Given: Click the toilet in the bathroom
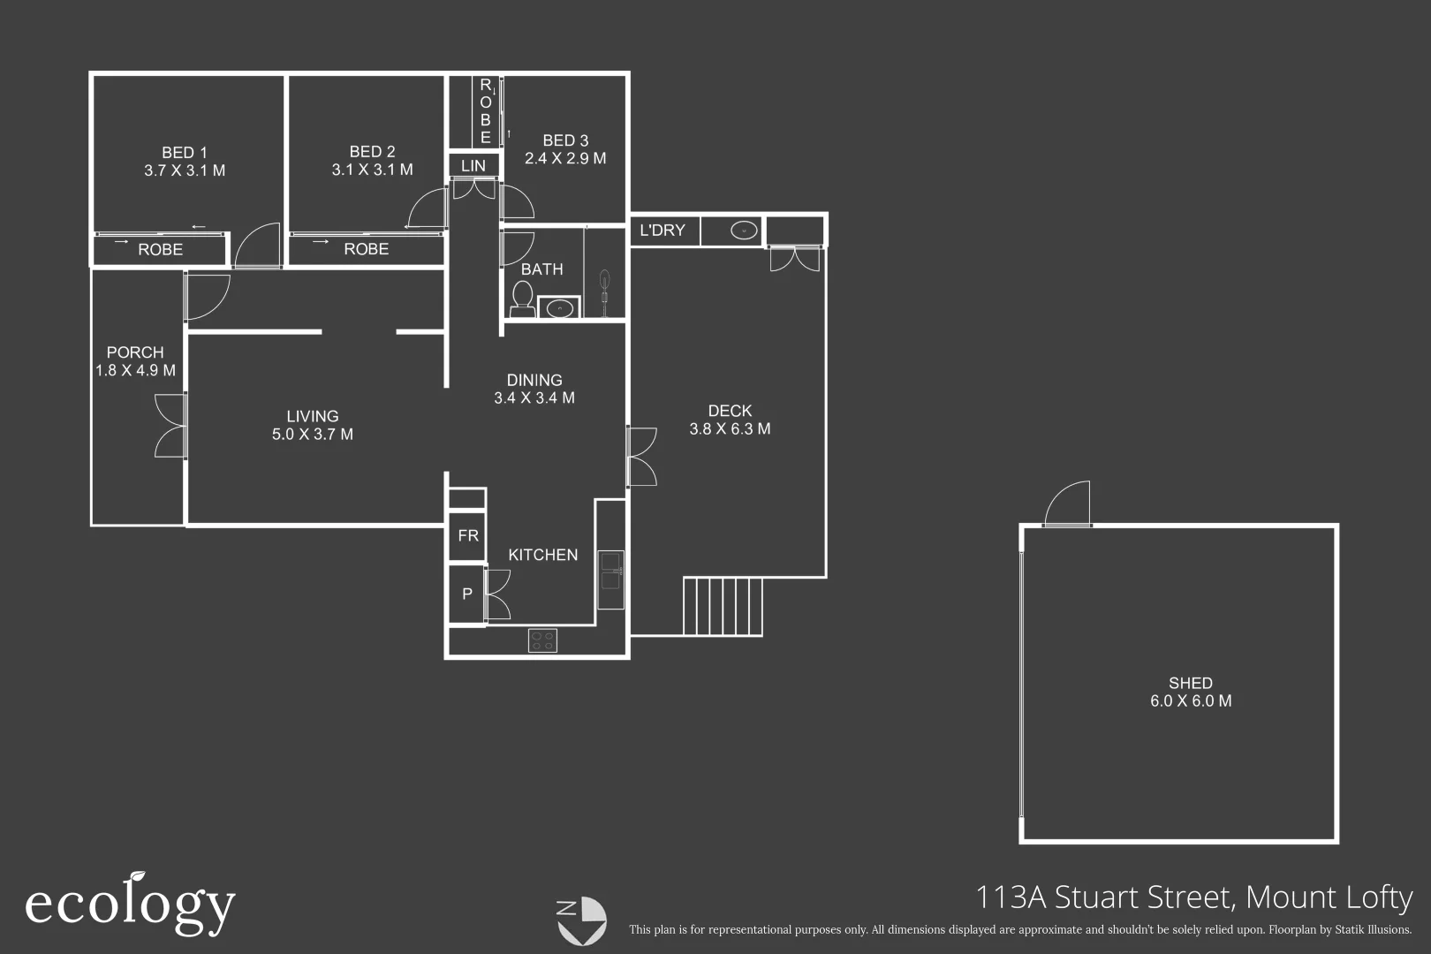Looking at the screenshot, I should [522, 298].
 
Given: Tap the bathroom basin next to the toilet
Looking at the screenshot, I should [558, 308].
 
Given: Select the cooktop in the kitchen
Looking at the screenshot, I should [542, 640].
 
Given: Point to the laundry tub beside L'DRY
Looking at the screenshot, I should [744, 231].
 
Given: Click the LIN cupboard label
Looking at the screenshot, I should [473, 166].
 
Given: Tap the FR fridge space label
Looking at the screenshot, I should [467, 535].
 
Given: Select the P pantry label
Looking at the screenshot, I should [467, 594].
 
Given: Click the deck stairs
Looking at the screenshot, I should [723, 606].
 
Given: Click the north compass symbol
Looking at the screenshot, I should [581, 920].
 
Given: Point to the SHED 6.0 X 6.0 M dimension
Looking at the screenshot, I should [1190, 701].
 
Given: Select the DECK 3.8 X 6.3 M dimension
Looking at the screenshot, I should [730, 429].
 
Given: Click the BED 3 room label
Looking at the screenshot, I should [565, 140].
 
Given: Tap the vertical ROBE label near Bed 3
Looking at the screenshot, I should [485, 111].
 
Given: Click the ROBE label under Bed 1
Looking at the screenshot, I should [161, 250].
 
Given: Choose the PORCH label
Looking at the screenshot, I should [135, 352].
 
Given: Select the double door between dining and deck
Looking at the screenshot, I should [641, 457].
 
